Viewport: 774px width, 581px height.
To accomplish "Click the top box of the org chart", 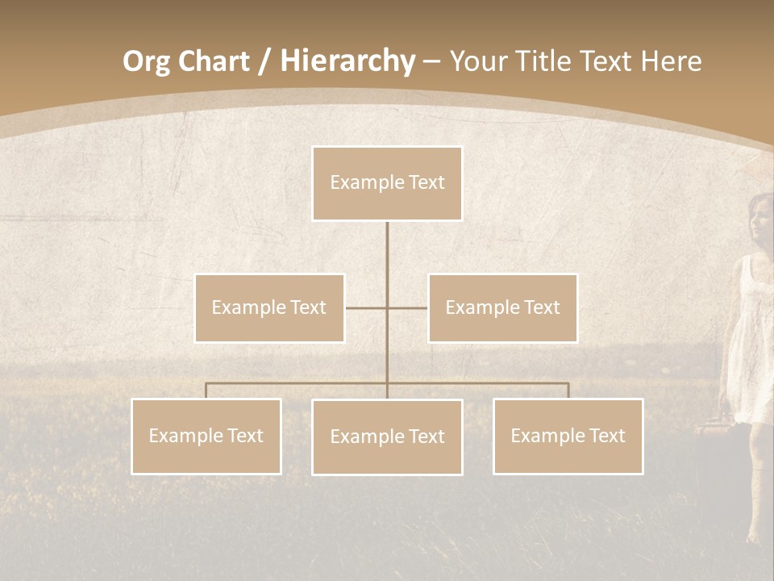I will [387, 183].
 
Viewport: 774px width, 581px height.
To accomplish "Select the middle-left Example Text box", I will [269, 307].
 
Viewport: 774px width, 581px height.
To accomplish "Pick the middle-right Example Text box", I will [502, 307].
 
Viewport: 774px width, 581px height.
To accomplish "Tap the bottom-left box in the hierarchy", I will [206, 436].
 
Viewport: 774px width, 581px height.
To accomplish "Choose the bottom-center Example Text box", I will [387, 437].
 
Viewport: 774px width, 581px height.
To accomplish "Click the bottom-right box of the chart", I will [568, 436].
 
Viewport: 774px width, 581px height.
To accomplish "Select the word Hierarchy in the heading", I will [347, 61].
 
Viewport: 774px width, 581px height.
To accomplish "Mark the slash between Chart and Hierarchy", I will [264, 62].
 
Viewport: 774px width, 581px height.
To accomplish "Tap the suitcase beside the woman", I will [714, 468].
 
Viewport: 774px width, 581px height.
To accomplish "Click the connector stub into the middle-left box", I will [364, 307].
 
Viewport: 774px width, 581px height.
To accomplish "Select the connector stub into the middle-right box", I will [409, 307].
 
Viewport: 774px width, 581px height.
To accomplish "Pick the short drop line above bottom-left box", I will [206, 391].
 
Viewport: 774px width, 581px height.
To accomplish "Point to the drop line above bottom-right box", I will [568, 391].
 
